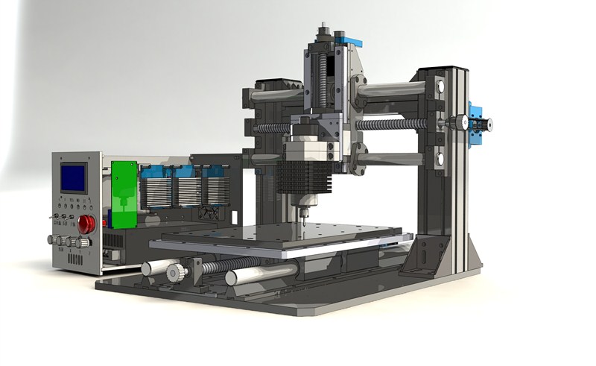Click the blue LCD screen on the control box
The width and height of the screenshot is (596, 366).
click(x=73, y=176)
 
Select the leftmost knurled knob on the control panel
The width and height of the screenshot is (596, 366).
click(x=52, y=240)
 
